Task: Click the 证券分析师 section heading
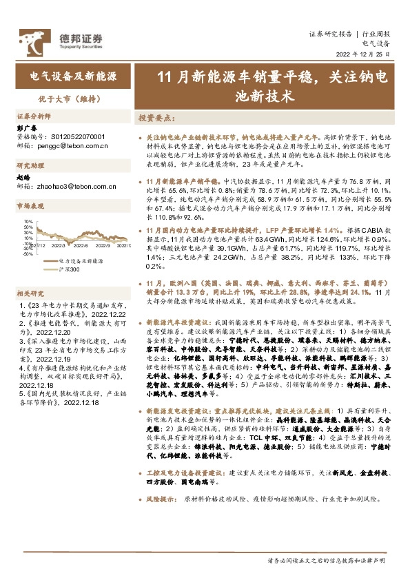(x=34, y=117)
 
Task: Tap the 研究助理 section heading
(x=30, y=166)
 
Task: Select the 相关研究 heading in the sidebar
(x=30, y=293)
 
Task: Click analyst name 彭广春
(x=27, y=128)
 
